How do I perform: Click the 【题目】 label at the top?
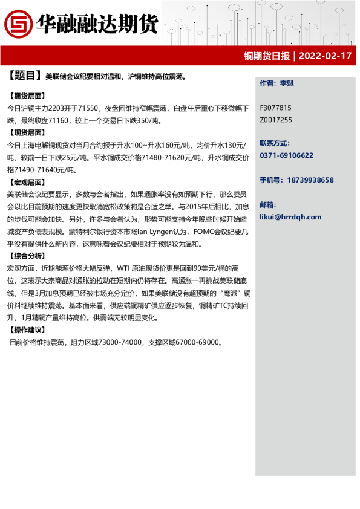25,76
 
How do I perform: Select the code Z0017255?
276,120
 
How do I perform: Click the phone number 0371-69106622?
287,155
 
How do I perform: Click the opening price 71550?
87,108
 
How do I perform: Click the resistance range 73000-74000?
116,342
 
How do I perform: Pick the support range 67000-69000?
197,342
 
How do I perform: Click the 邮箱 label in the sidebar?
267,204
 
